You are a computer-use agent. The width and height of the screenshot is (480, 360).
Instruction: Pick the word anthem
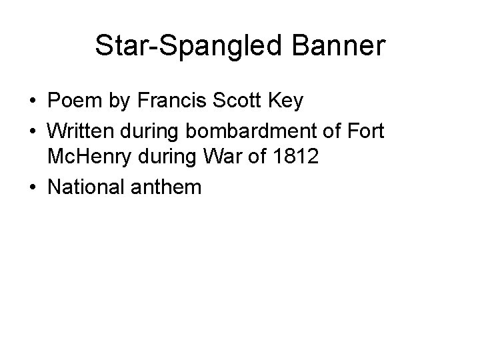tap(169, 186)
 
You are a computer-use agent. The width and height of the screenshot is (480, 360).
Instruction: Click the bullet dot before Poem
tap(33, 102)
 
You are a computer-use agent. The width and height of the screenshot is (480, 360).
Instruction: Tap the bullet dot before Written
tap(33, 130)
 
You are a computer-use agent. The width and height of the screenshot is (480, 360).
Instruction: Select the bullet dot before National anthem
tap(33, 187)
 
